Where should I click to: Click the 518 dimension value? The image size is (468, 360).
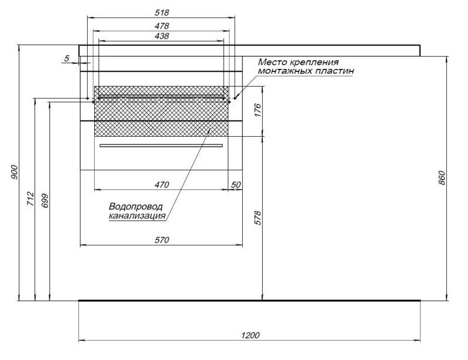tap(161, 12)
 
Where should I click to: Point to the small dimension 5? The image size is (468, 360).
tap(67, 58)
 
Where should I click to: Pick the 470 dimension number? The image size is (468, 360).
tap(161, 185)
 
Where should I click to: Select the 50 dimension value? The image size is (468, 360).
tap(236, 185)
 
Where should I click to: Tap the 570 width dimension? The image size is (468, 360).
tap(161, 240)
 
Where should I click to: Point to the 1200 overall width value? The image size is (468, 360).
tap(250, 335)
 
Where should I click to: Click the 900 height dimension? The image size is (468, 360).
tap(15, 172)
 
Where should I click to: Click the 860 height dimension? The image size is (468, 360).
tap(442, 178)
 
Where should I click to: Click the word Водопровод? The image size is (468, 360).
tap(136, 207)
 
